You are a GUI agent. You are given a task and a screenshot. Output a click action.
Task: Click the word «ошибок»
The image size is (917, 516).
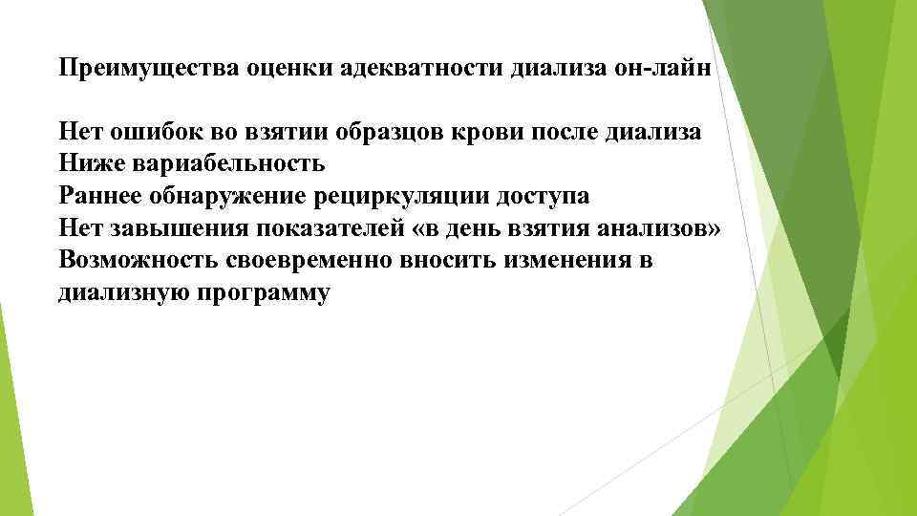150,132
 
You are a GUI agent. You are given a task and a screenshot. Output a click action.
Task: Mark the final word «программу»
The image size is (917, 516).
265,293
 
